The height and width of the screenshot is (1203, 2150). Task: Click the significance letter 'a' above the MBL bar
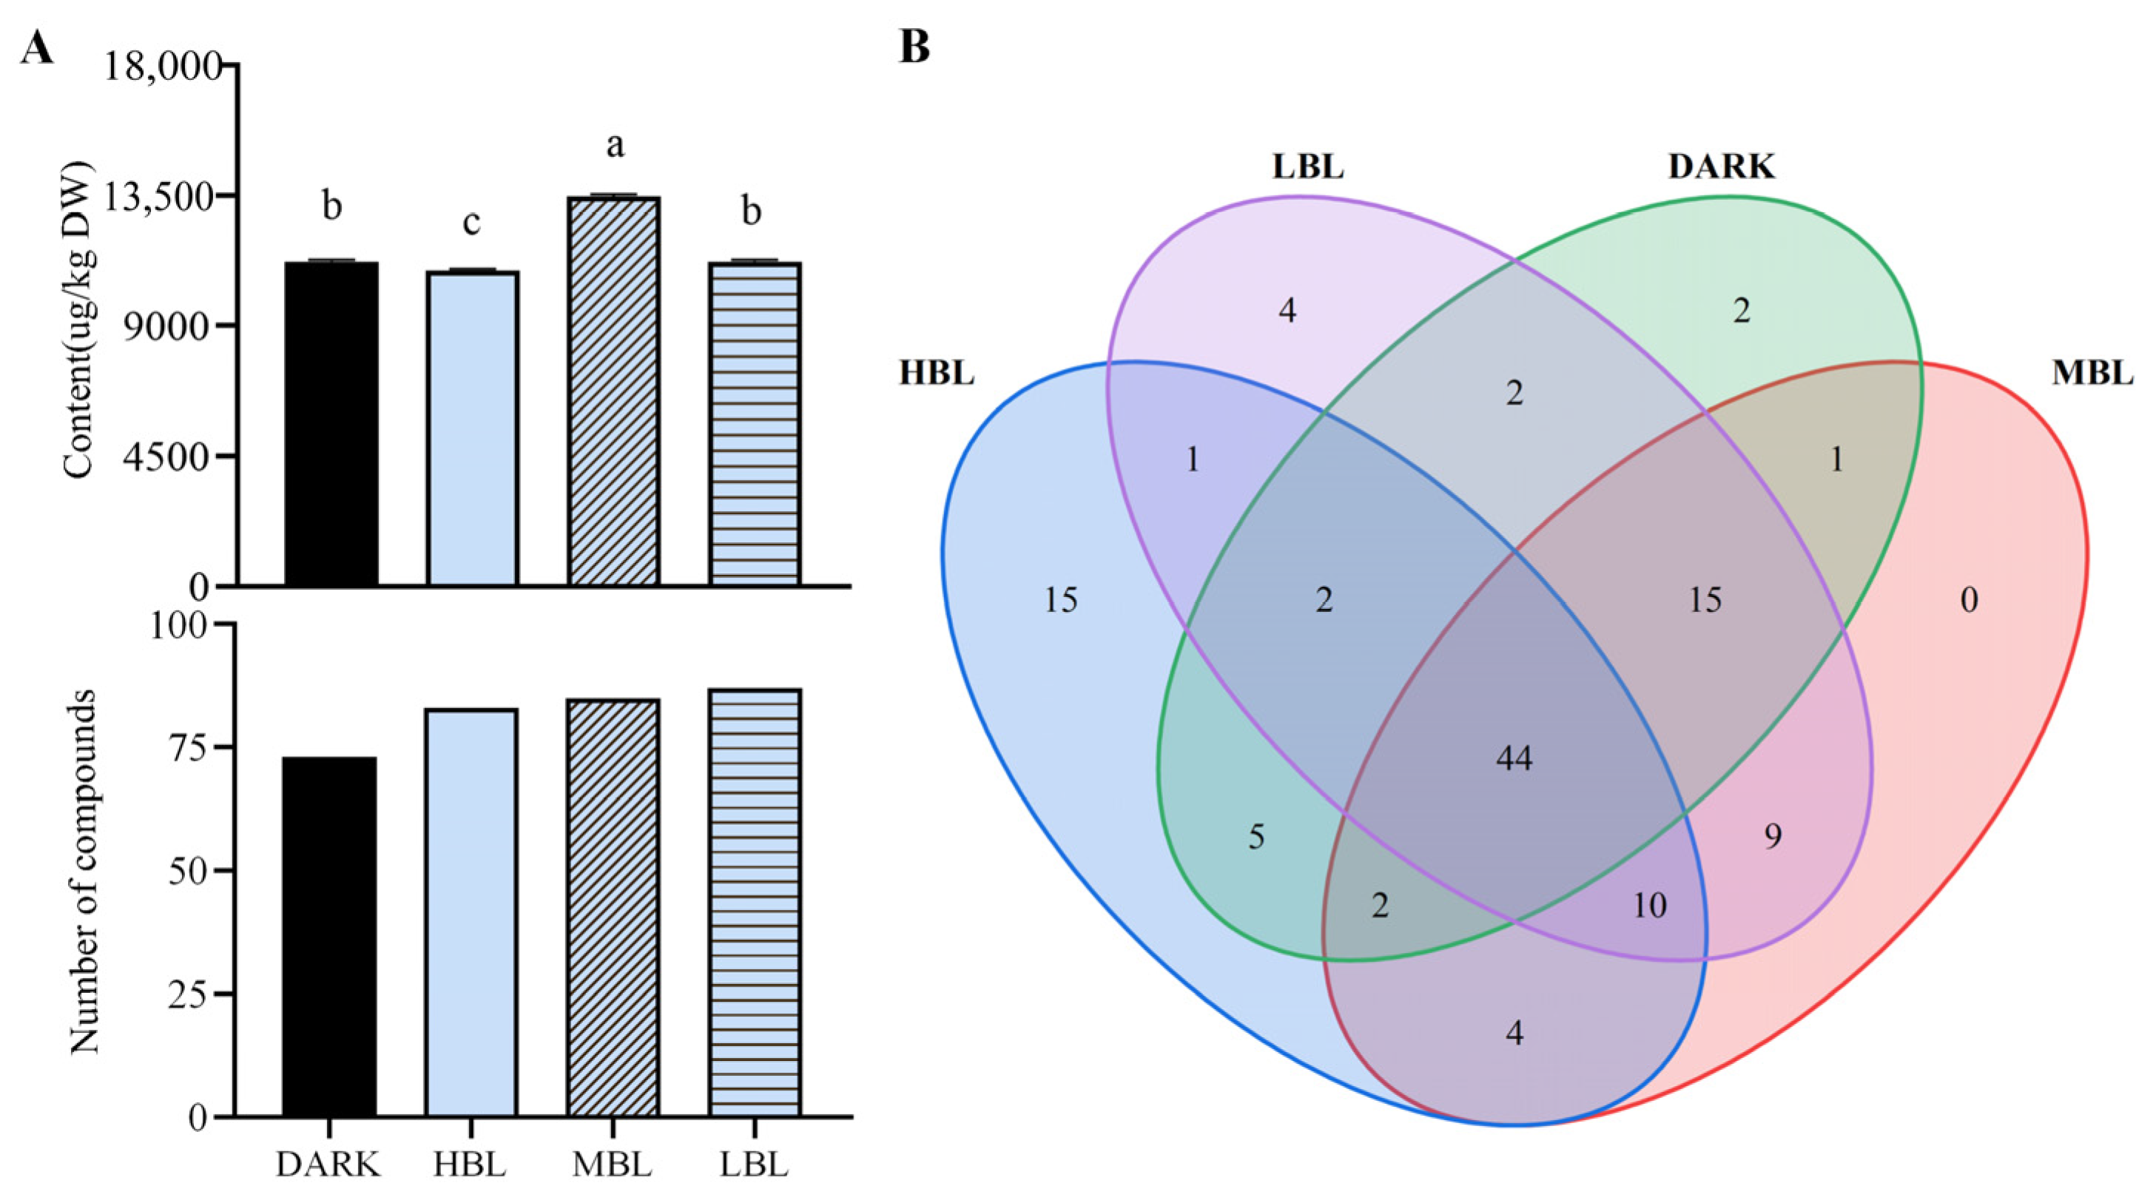click(615, 146)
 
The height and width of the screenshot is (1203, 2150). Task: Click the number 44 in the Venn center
click(1514, 758)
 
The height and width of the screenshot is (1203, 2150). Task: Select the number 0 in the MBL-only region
click(1969, 600)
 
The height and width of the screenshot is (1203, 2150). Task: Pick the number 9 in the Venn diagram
click(1773, 836)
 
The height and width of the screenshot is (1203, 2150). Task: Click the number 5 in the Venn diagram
click(1256, 837)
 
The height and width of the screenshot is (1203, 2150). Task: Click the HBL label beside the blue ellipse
click(937, 373)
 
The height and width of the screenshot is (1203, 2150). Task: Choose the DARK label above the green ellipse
click(1721, 168)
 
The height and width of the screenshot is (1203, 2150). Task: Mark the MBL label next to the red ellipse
click(2092, 373)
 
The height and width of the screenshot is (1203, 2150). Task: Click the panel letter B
click(914, 48)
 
